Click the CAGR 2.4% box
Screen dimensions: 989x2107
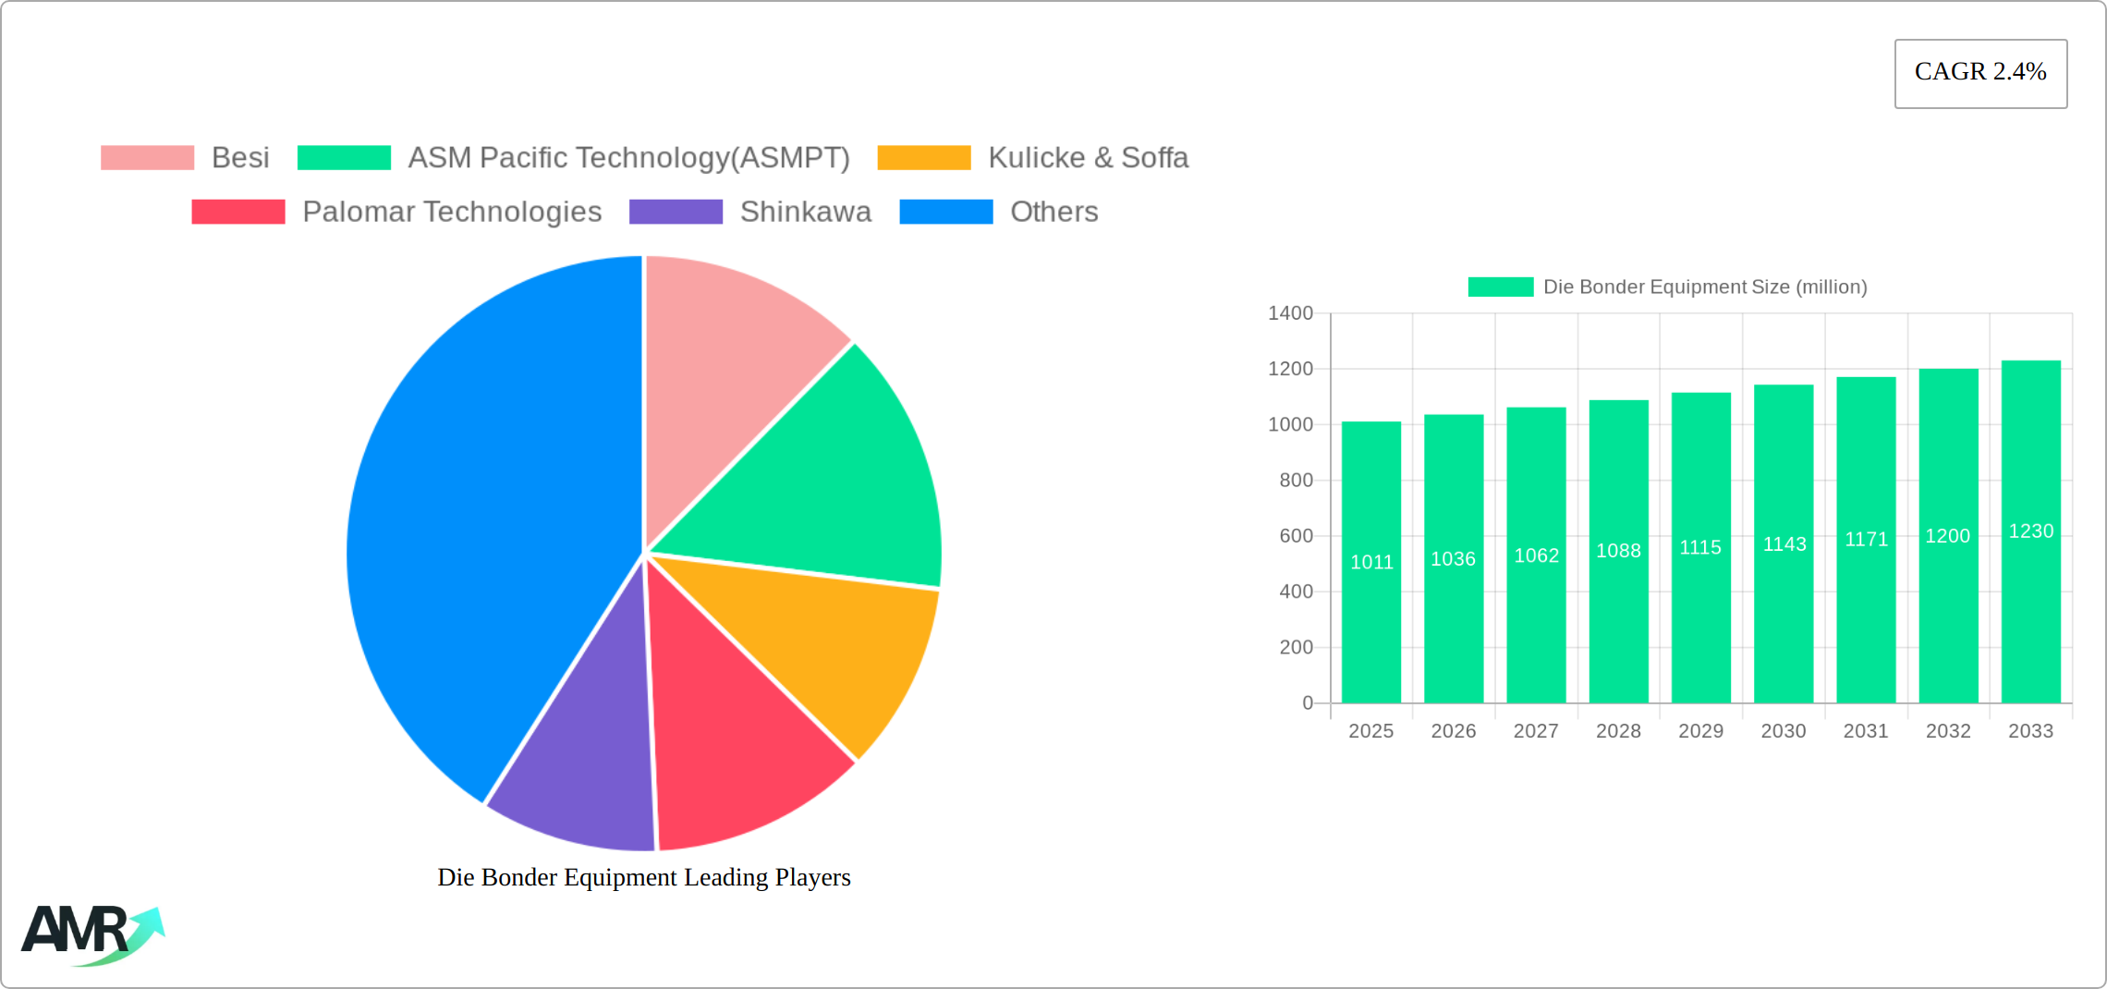coord(1980,73)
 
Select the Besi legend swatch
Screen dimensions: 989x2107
coord(148,158)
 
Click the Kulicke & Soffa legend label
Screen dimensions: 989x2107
coord(1088,158)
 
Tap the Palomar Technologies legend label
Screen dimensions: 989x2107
coord(452,212)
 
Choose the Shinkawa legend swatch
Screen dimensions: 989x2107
coord(676,212)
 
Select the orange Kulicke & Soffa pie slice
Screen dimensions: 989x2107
coord(832,647)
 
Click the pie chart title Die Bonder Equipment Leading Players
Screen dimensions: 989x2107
coord(644,877)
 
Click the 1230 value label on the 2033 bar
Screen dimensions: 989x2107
coord(2031,531)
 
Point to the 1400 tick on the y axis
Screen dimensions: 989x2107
coord(1290,313)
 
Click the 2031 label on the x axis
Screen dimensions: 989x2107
coord(1866,731)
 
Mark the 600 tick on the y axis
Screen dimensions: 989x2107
coord(1296,536)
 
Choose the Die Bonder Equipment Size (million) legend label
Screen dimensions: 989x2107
coord(1705,287)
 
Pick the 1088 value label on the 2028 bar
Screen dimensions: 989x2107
coord(1619,551)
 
